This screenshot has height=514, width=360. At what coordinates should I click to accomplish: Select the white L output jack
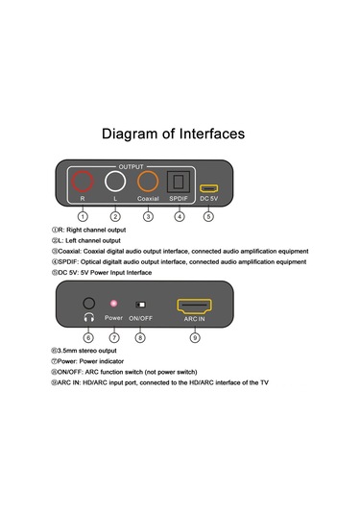[x=105, y=182]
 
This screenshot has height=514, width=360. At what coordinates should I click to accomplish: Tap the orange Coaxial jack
[x=137, y=182]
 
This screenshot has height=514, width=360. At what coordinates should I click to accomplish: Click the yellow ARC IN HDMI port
[x=179, y=306]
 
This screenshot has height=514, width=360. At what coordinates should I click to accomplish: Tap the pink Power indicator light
[x=113, y=304]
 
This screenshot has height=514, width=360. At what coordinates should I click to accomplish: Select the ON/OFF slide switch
[x=141, y=305]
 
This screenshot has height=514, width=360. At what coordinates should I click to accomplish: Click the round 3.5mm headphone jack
[x=84, y=304]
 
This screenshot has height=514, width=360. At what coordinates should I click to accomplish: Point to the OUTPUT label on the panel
[x=131, y=167]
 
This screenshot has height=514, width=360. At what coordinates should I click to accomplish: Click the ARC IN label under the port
[x=194, y=319]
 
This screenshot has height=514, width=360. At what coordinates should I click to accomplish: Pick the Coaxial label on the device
[x=148, y=199]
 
